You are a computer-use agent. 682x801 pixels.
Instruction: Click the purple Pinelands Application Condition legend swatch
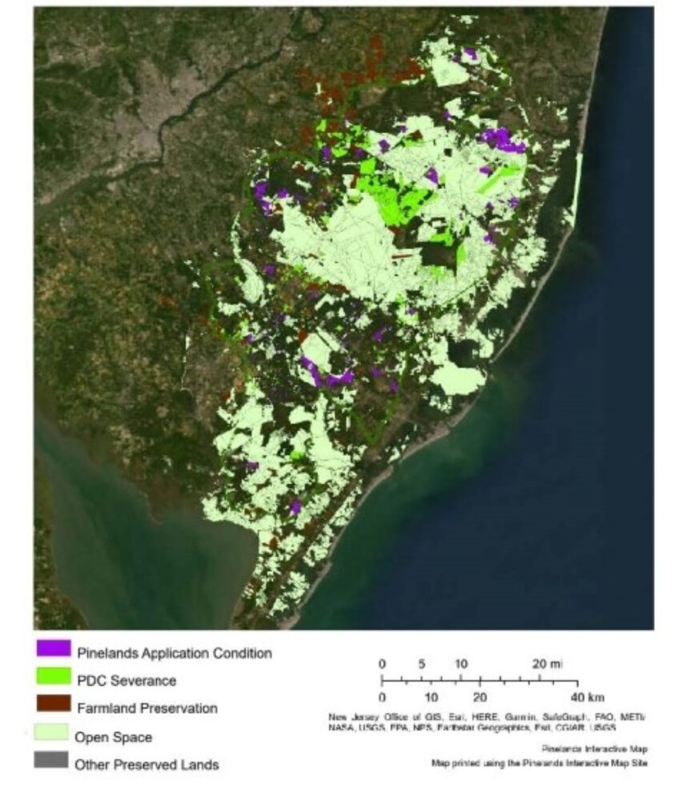[51, 650]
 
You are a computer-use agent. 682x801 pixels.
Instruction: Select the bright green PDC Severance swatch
[51, 679]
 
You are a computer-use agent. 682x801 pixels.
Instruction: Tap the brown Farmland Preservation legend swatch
[51, 707]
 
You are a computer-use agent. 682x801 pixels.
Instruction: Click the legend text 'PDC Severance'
[126, 680]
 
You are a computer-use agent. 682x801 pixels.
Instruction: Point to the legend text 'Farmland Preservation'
[147, 708]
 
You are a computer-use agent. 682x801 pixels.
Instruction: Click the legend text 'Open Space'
[113, 736]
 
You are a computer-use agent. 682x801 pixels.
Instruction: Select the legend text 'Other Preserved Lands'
[146, 765]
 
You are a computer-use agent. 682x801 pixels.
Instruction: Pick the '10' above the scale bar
[461, 664]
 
